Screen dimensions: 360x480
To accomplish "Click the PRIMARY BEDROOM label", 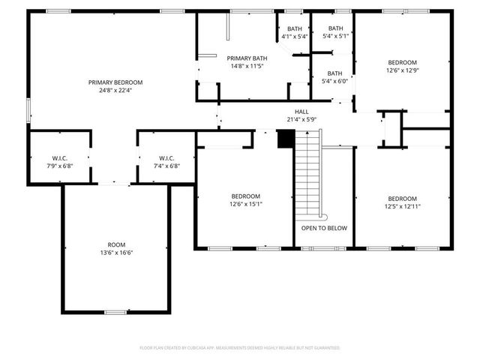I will coord(115,82).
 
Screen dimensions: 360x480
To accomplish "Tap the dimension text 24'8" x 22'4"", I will coord(115,90).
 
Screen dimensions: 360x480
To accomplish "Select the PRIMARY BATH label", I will coord(247,58).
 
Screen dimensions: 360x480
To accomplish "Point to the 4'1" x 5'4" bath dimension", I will coord(294,37).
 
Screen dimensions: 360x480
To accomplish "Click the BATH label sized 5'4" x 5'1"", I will coord(334,28).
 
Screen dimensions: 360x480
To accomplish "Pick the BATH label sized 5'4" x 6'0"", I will coord(334,73).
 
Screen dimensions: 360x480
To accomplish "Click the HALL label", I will coord(302,111).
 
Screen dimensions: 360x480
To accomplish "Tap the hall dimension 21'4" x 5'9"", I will coord(302,118).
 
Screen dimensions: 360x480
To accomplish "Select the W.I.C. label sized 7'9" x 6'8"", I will coord(60,157).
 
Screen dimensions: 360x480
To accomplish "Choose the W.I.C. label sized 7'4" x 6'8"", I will coord(166,157).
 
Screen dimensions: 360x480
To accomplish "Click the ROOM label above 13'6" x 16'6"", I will coord(116,244).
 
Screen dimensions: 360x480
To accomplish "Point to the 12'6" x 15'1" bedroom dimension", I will coord(246,203).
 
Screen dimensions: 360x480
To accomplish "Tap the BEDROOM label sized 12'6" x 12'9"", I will coord(402,62).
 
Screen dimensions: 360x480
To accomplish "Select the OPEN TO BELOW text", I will coord(324,228).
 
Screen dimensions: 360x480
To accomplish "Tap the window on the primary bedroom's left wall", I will coord(29,109).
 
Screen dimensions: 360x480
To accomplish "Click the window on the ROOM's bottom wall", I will coord(115,312).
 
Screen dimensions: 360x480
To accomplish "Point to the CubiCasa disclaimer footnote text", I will coord(240,348).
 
